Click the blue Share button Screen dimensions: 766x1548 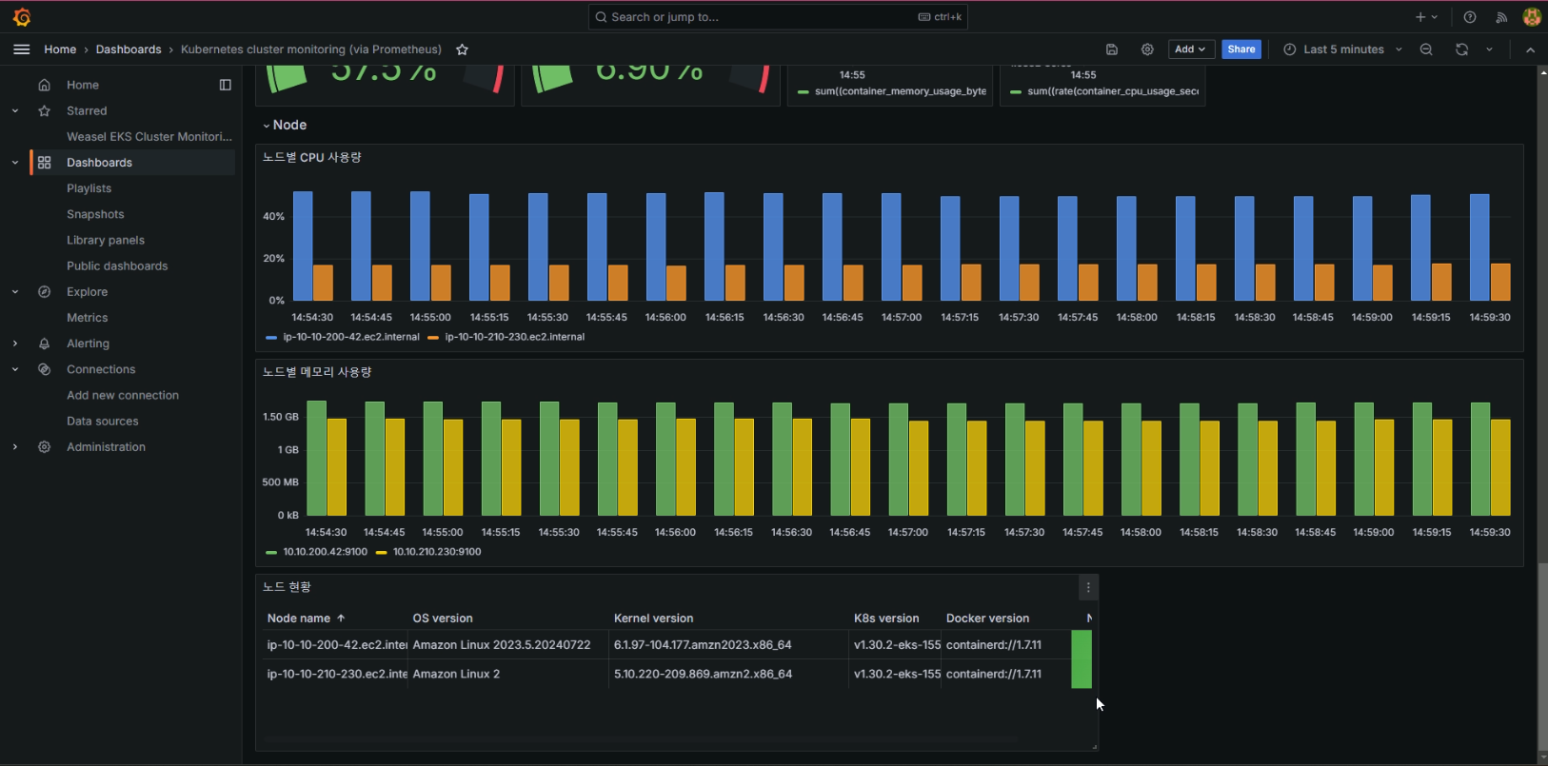(1240, 49)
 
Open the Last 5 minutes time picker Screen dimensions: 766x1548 (1342, 49)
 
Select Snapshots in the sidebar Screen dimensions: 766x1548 (95, 214)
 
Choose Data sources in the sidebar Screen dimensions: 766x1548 (102, 421)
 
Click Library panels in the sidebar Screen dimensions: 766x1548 (105, 240)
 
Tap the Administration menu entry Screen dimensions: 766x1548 (106, 446)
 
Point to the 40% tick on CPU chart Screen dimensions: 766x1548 (273, 216)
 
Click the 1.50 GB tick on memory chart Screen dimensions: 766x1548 (280, 417)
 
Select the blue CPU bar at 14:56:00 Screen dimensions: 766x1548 (656, 247)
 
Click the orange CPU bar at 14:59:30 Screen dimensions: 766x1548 (1500, 283)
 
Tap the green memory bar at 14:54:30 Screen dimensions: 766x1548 (316, 459)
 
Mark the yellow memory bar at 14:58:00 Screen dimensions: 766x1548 (1151, 468)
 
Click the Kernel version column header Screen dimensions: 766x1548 (653, 619)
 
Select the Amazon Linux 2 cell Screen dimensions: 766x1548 (456, 674)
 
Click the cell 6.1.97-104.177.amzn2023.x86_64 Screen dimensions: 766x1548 (703, 645)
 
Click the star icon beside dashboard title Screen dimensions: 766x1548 (462, 49)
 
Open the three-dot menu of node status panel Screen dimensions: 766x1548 (1088, 588)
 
